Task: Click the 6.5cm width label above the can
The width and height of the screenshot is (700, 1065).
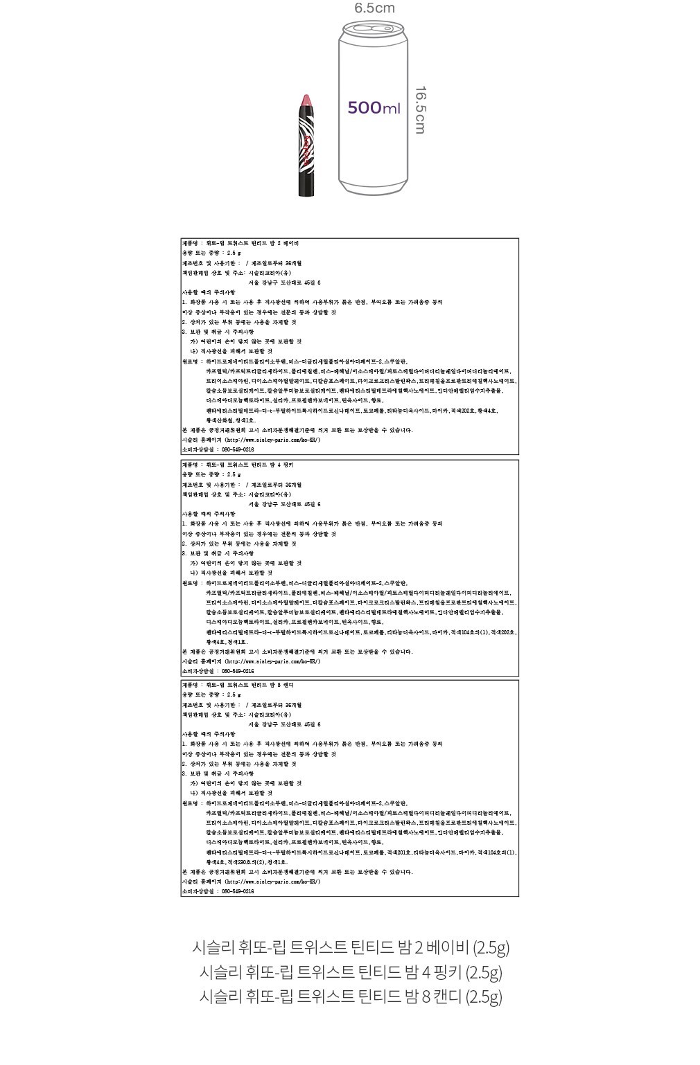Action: [x=374, y=8]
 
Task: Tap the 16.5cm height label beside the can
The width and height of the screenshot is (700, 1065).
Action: [x=420, y=109]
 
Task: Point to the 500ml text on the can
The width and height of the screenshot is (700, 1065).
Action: [x=374, y=108]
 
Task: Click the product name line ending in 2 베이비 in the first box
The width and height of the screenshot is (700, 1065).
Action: [x=240, y=244]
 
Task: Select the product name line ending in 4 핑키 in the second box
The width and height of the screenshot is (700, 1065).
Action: [x=239, y=465]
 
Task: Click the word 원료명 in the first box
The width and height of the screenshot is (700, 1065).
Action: [x=191, y=361]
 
